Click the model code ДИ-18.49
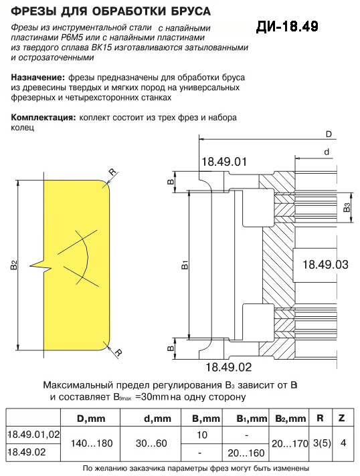click(287, 27)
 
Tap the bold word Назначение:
click(38, 78)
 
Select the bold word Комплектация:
click(43, 118)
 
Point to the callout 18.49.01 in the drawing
click(224, 162)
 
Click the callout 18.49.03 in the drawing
click(325, 265)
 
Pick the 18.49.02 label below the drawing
click(229, 367)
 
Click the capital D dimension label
click(329, 134)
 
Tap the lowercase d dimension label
click(327, 152)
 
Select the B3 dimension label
click(347, 207)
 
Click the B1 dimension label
click(185, 265)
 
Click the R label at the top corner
click(112, 172)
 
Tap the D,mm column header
click(91, 419)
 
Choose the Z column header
click(341, 418)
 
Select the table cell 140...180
click(92, 443)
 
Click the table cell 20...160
click(246, 453)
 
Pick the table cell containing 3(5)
click(322, 443)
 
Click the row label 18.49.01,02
click(33, 435)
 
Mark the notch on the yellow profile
click(38, 266)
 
